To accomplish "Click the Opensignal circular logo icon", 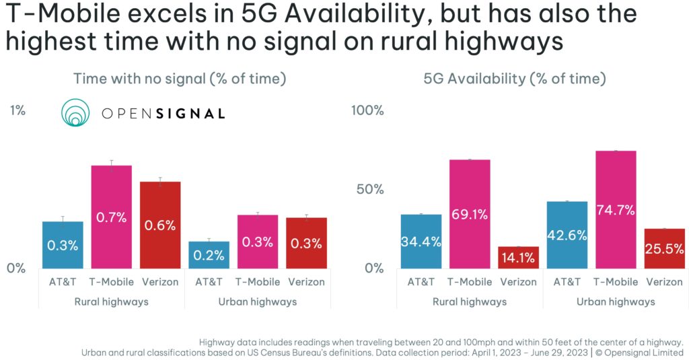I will click(x=75, y=113).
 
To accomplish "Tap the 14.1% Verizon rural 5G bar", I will click(x=518, y=258).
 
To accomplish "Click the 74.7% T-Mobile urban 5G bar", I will click(x=616, y=209).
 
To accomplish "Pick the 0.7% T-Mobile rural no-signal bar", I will click(x=112, y=217).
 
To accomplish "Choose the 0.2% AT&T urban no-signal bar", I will click(x=209, y=254).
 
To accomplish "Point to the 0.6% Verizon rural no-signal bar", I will click(x=160, y=225).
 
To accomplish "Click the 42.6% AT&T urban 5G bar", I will click(x=567, y=234).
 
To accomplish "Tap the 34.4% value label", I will click(x=421, y=241).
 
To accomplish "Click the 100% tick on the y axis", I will click(x=368, y=110).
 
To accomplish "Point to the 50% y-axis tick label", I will click(x=371, y=189).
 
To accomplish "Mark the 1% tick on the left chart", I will click(x=17, y=110).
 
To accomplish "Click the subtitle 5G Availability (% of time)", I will click(x=515, y=79).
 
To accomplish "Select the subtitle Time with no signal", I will click(x=180, y=79).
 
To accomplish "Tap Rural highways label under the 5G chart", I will click(x=469, y=301).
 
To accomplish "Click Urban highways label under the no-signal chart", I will click(x=258, y=301).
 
